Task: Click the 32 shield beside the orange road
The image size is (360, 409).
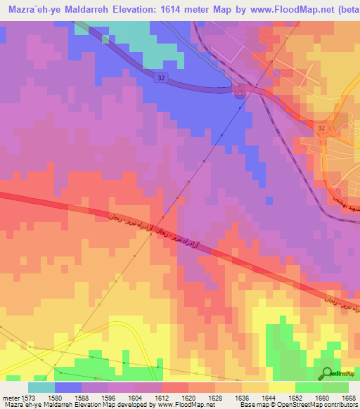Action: [x=321, y=129]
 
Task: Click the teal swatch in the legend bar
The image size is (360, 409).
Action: [x=41, y=387]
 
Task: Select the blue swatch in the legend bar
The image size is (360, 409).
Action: [x=68, y=387]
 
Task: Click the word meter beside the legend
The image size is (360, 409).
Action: [x=11, y=398]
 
